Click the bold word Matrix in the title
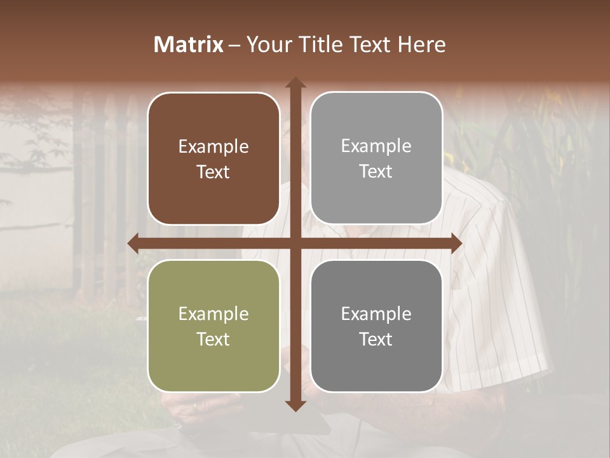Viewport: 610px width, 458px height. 189,45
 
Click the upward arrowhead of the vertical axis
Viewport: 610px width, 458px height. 295,83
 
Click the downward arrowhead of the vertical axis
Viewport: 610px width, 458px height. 295,405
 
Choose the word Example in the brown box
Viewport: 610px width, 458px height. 213,147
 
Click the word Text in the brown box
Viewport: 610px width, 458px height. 213,172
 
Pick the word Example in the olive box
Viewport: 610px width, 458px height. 213,314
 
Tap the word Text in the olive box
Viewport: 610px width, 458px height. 213,339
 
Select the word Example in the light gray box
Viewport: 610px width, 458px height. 376,146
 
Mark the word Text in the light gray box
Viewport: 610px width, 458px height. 376,171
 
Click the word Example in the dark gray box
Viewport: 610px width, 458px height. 376,314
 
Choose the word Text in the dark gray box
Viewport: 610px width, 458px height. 376,339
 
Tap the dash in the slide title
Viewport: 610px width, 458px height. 234,45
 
